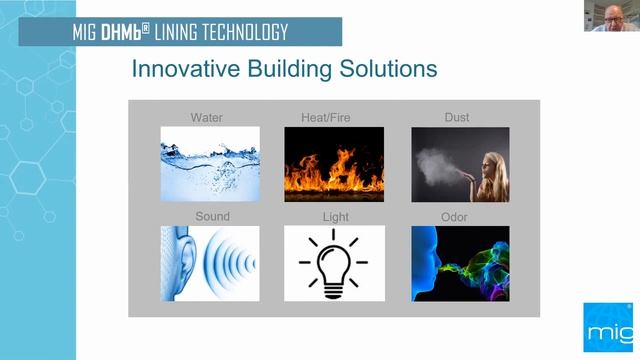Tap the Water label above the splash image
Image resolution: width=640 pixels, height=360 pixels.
click(207, 117)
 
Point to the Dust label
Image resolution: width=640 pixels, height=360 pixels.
click(456, 117)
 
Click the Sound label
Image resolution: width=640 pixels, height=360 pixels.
click(212, 216)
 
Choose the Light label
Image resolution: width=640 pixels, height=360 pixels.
click(335, 216)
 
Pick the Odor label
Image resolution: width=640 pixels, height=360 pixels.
click(454, 216)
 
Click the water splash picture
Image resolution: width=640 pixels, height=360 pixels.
click(210, 150)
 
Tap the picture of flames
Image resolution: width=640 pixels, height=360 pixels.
click(334, 150)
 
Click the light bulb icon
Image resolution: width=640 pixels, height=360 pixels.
click(333, 262)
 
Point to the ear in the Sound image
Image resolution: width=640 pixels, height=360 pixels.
click(181, 263)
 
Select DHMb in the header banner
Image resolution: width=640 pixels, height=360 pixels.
click(126, 32)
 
